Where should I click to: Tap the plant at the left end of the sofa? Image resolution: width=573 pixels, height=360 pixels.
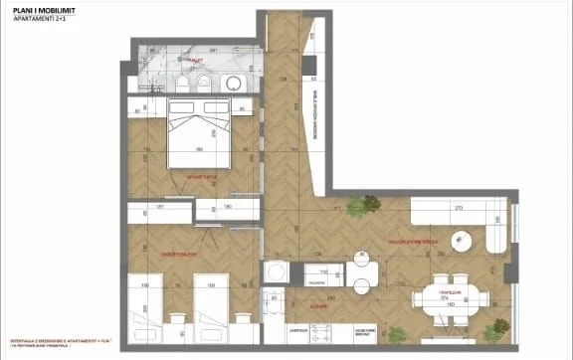[x=370, y=206]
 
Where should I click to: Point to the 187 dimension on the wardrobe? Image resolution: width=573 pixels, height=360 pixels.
[x=158, y=208]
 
